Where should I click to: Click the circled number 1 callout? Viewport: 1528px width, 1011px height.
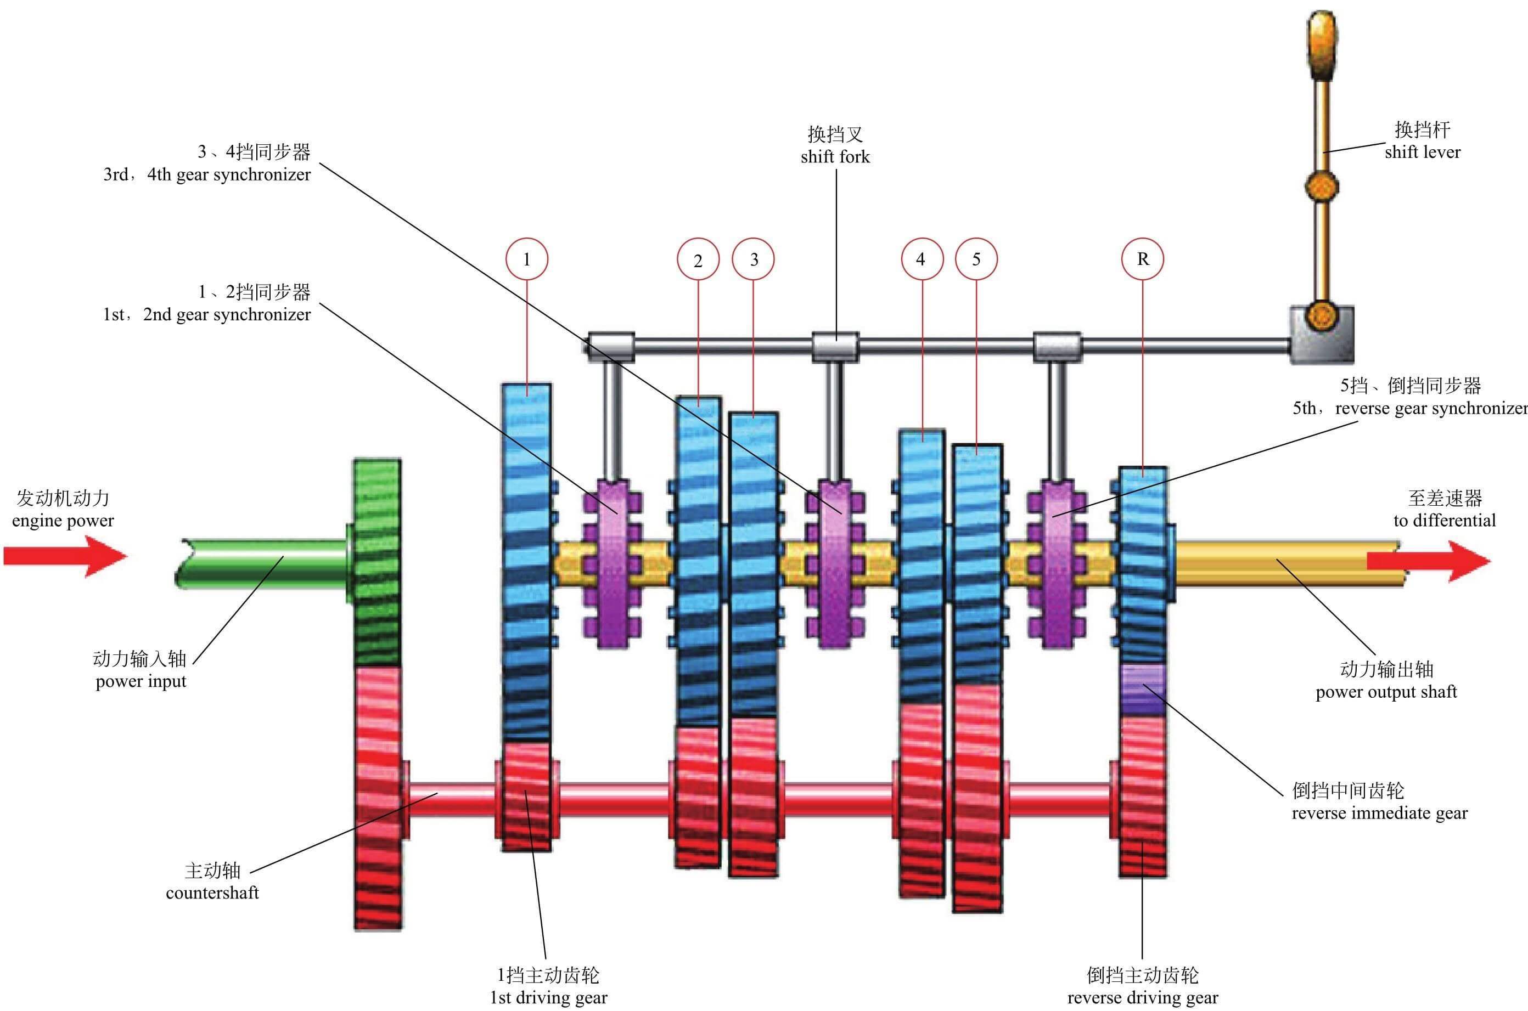(x=527, y=259)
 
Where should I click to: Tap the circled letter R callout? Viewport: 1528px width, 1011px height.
(x=1143, y=259)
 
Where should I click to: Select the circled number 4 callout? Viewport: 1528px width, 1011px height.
(x=921, y=259)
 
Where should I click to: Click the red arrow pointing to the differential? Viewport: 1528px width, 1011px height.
(x=1429, y=560)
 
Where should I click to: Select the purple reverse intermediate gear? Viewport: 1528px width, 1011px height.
(x=1143, y=688)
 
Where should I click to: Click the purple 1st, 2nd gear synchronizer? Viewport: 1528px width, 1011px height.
(x=612, y=562)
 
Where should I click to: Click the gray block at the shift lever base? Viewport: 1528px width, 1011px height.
(x=1322, y=335)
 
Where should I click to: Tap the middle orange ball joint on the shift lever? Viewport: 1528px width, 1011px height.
(x=1322, y=187)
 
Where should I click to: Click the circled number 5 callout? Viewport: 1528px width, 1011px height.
(x=976, y=259)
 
